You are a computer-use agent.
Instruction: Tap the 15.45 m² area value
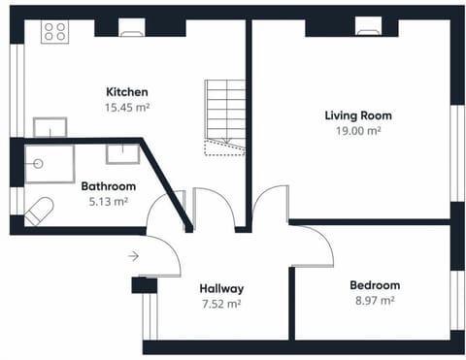[x=127, y=108]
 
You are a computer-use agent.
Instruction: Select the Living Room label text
[x=358, y=115]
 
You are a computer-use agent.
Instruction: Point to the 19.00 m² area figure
[x=358, y=131]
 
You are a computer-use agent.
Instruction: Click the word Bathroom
[x=108, y=186]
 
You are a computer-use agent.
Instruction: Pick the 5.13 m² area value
[x=108, y=202]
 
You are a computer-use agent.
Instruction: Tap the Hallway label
[x=221, y=288]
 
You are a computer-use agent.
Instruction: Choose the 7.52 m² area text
[x=221, y=304]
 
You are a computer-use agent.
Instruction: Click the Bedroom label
[x=374, y=285]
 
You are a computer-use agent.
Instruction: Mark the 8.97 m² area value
[x=374, y=301]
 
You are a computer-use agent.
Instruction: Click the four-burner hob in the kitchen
[x=53, y=31]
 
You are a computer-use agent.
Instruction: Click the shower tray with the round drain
[x=50, y=165]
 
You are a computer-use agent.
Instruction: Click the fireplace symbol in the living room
[x=368, y=29]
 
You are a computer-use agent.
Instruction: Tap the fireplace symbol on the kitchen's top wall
[x=131, y=29]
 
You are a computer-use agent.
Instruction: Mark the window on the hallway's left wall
[x=149, y=315]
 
